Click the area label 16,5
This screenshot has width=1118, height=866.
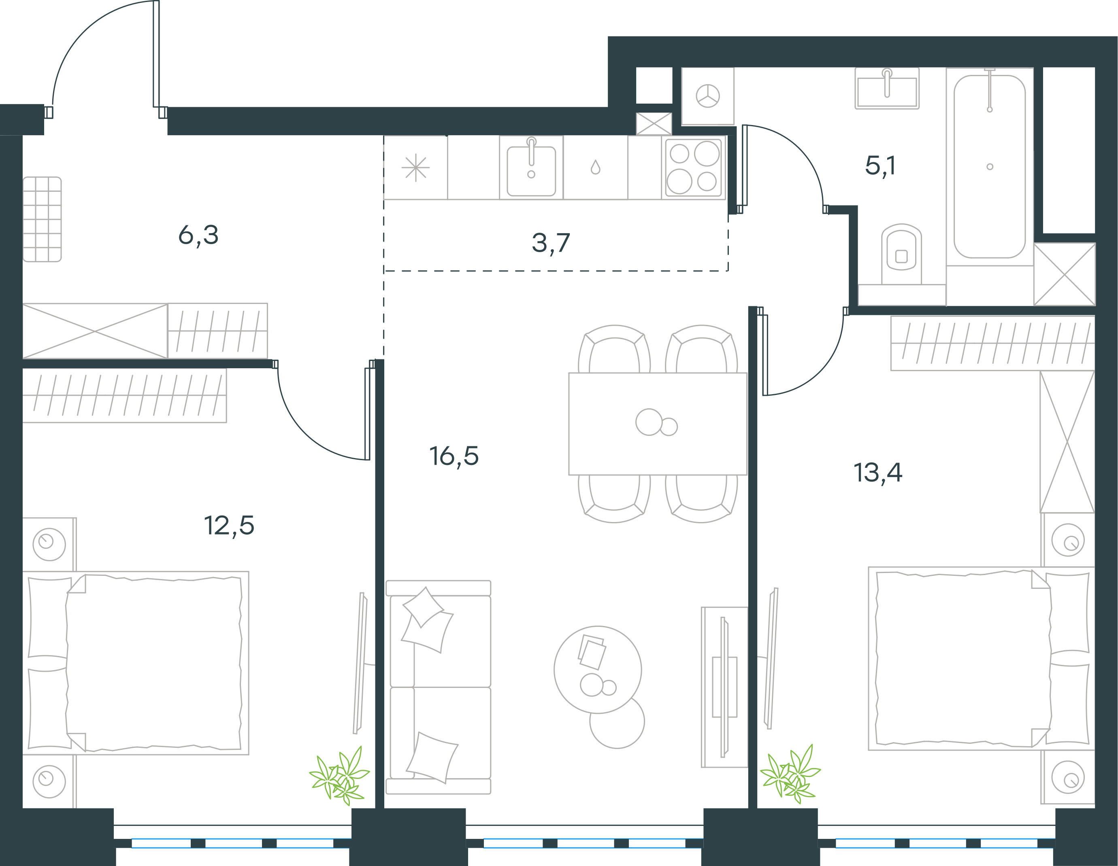(454, 456)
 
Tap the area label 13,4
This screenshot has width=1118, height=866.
(878, 473)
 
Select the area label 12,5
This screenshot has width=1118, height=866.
(229, 525)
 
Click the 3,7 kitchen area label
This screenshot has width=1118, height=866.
(551, 243)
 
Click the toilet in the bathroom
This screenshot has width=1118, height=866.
(901, 254)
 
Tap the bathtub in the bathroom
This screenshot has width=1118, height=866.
(990, 167)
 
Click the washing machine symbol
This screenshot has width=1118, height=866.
(708, 96)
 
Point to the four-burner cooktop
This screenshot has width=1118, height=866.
(694, 167)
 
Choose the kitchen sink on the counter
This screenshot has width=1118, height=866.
(531, 167)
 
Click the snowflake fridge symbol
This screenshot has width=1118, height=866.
(416, 167)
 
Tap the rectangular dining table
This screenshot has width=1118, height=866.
(658, 424)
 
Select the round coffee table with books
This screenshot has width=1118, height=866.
(598, 670)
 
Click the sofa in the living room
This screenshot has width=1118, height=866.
(439, 687)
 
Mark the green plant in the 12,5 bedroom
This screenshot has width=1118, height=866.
(339, 775)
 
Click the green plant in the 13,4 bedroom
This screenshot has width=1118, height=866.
(790, 774)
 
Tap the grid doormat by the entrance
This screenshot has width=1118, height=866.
(42, 219)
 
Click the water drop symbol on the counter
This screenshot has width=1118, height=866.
(595, 167)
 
